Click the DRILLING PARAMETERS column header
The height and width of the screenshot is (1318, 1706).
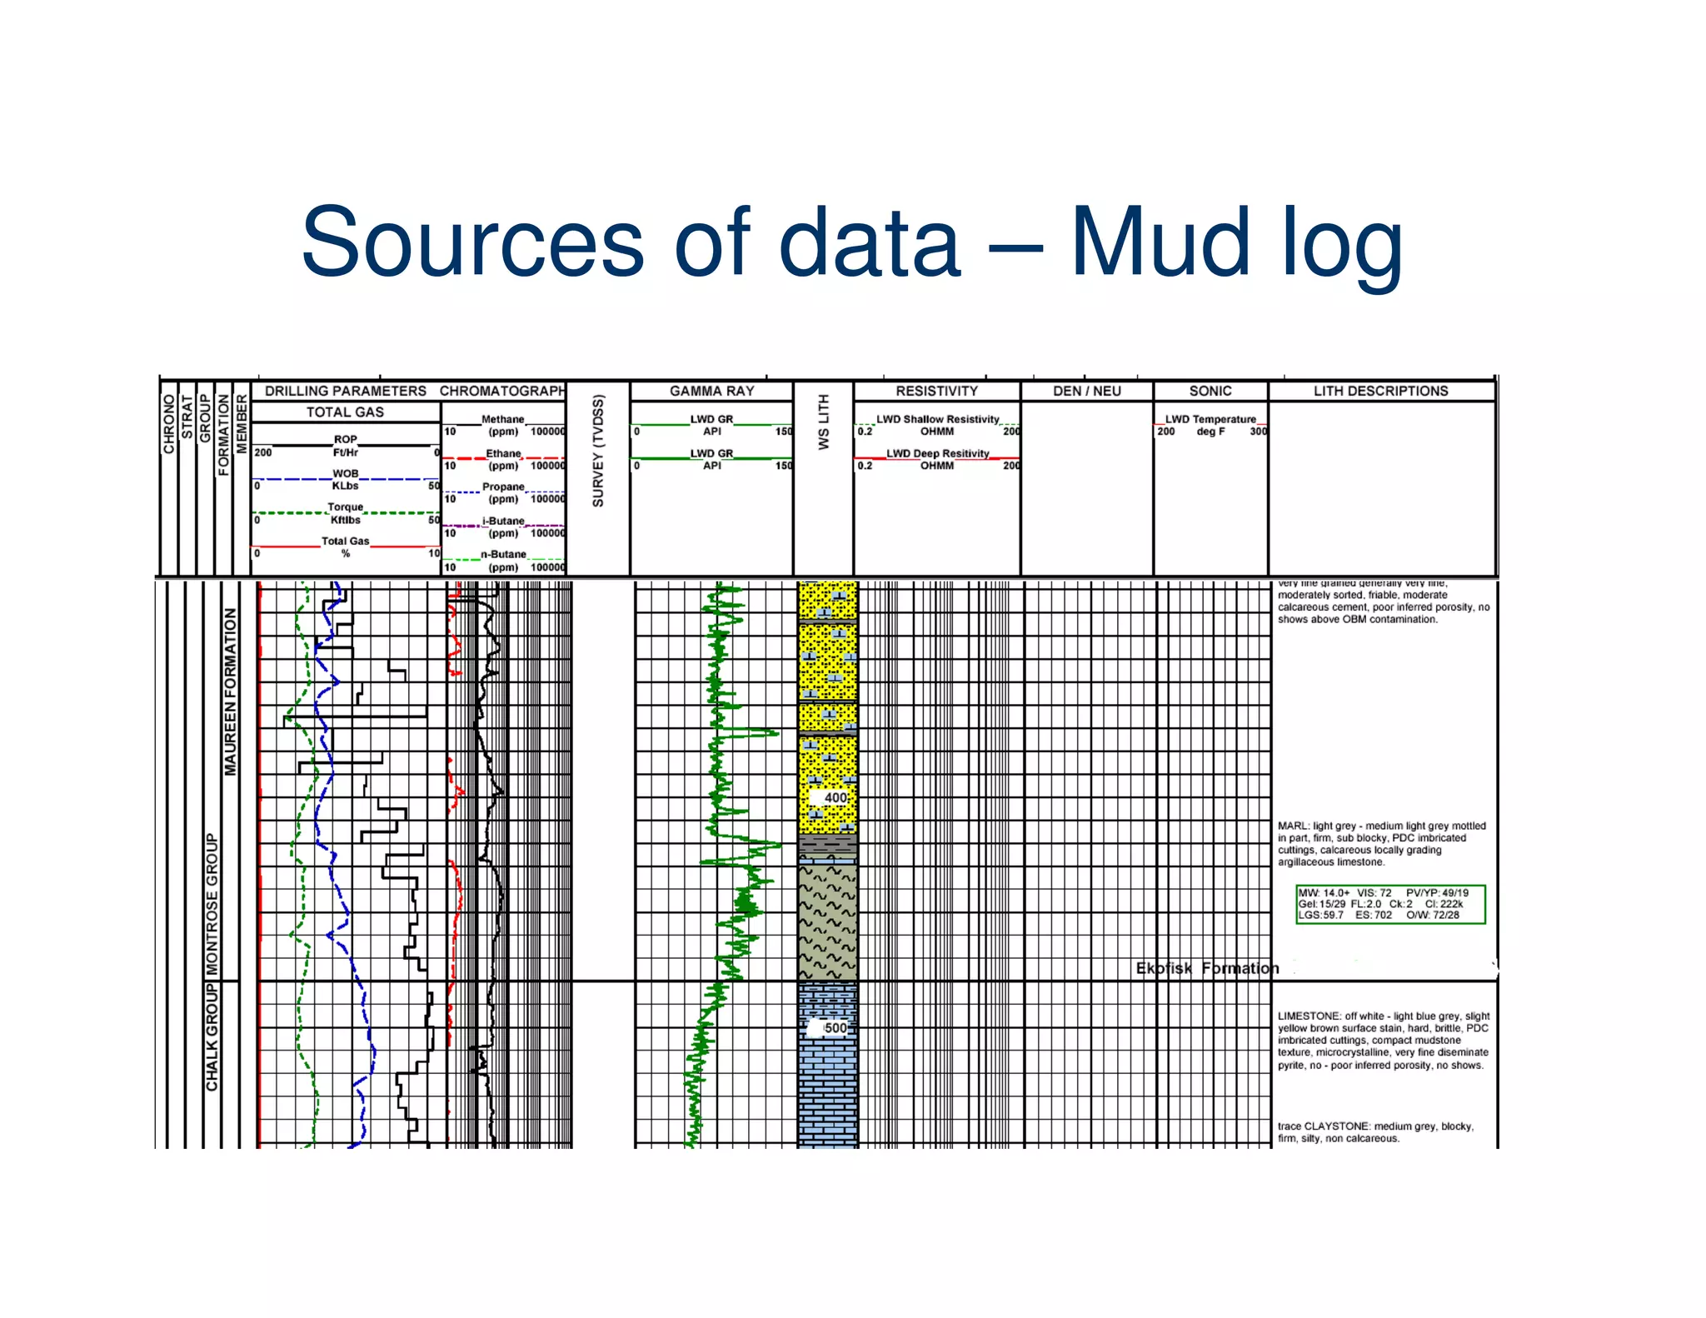tap(345, 391)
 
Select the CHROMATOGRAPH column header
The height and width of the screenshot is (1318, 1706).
tap(502, 391)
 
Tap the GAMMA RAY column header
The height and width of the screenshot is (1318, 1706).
tap(711, 391)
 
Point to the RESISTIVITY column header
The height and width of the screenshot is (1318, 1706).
tap(936, 391)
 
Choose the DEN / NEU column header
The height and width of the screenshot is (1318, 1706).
tap(1086, 391)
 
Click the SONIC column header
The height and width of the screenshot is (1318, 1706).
tap(1210, 391)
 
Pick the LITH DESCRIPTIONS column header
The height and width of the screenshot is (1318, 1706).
tap(1380, 391)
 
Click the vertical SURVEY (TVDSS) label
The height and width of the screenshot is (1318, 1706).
tap(598, 451)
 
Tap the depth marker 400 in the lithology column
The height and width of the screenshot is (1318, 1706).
tap(835, 797)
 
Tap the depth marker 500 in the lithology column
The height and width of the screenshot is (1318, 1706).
tap(835, 1027)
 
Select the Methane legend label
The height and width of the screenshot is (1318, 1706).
tap(502, 419)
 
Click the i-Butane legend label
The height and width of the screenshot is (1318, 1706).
tap(503, 521)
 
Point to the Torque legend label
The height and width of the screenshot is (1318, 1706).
tap(345, 507)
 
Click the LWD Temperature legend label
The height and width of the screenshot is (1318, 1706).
tap(1210, 419)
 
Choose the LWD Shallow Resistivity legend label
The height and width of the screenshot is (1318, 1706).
tap(937, 419)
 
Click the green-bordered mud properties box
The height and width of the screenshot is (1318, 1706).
tap(1389, 904)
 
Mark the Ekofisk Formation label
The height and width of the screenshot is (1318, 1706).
tap(1206, 968)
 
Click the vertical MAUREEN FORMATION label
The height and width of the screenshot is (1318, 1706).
tap(230, 691)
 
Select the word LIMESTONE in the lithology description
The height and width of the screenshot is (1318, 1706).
tap(1309, 1016)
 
